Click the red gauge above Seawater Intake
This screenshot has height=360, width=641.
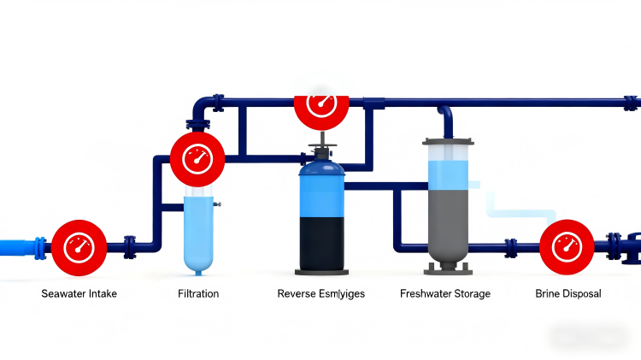coord(79,246)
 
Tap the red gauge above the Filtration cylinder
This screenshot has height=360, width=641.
coord(197,158)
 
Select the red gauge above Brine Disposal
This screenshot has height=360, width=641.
coord(566,246)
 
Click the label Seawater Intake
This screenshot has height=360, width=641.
coord(79,293)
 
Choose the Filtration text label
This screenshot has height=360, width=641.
coord(197,293)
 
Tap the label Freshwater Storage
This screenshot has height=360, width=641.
coord(445,293)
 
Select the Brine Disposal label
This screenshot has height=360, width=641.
coord(567,293)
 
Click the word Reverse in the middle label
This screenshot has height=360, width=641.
coord(297,293)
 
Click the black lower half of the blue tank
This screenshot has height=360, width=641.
coord(321,245)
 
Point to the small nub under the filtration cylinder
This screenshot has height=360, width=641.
coord(197,273)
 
